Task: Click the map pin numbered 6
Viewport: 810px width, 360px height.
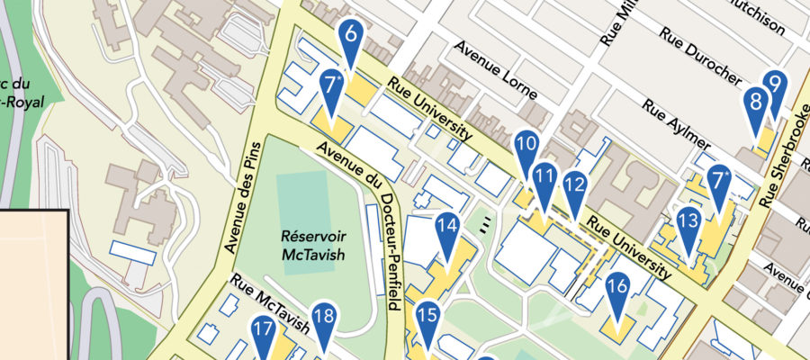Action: (351, 38)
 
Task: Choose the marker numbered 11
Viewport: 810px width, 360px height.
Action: (543, 178)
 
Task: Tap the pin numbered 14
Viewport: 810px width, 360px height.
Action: (447, 229)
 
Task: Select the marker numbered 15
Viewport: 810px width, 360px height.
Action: (427, 317)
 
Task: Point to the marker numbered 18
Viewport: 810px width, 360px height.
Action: (325, 318)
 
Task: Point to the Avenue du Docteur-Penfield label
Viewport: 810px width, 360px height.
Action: (359, 225)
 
